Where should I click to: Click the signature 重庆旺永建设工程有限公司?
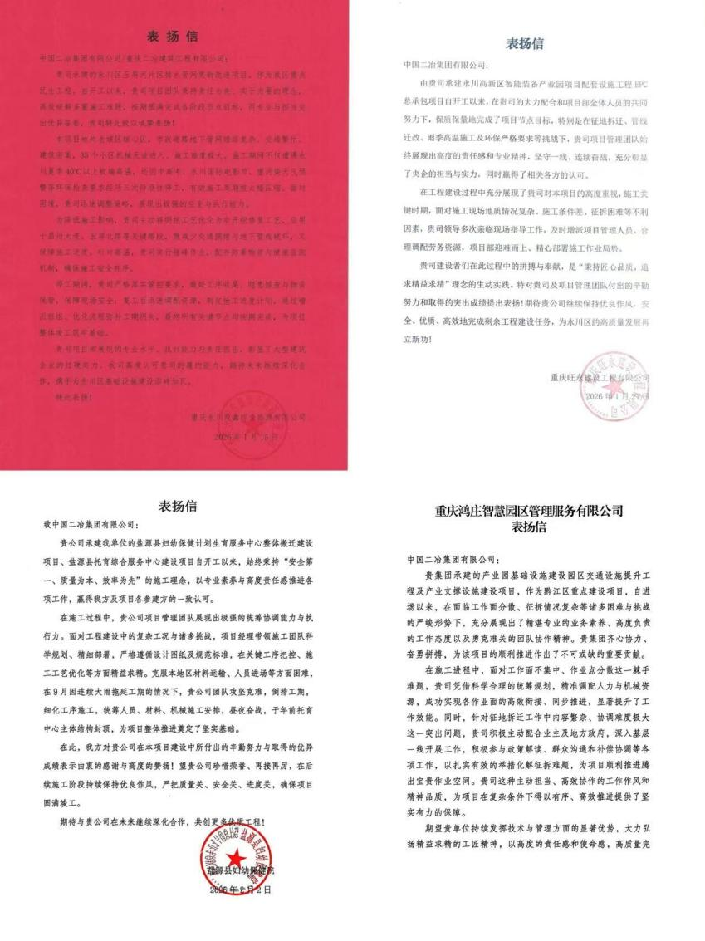click(599, 378)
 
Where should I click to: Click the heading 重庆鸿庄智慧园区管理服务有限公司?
click(529, 511)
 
